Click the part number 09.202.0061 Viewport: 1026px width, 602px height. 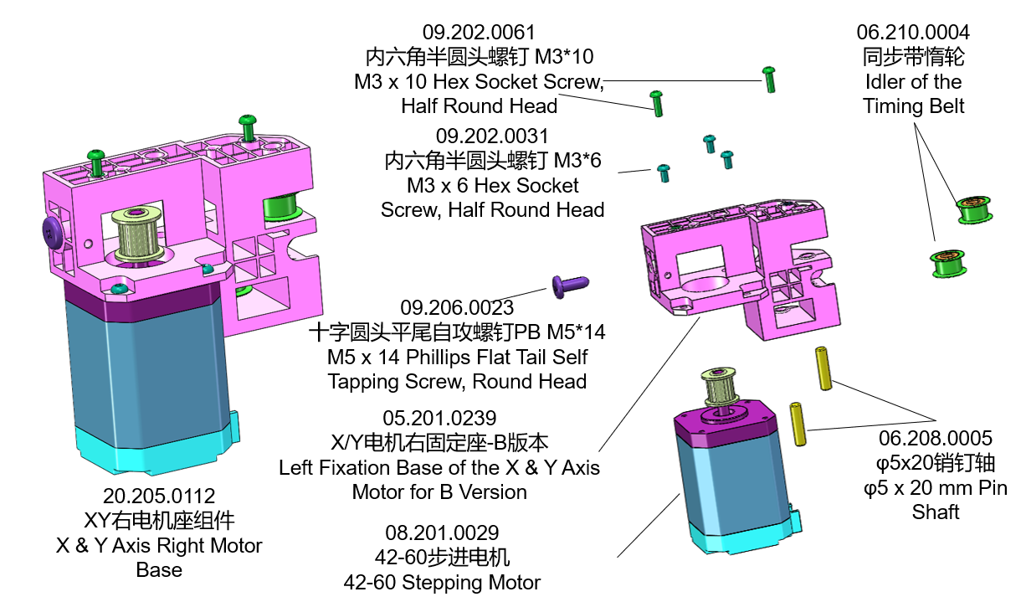(x=478, y=33)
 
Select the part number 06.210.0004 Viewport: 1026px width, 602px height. (x=913, y=33)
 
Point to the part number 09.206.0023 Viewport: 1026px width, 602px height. (x=457, y=307)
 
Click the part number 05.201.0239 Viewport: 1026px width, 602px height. (x=439, y=417)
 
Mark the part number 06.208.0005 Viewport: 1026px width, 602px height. (x=935, y=438)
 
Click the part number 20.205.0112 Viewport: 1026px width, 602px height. (x=159, y=496)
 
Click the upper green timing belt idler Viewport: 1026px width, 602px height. (x=974, y=209)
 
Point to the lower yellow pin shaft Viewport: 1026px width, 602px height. (x=799, y=424)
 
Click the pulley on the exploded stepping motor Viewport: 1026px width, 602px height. (x=721, y=389)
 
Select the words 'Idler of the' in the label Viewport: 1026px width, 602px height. (x=913, y=82)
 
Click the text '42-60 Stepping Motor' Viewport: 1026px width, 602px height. (x=442, y=582)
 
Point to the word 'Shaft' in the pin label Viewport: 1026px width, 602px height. (x=935, y=512)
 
